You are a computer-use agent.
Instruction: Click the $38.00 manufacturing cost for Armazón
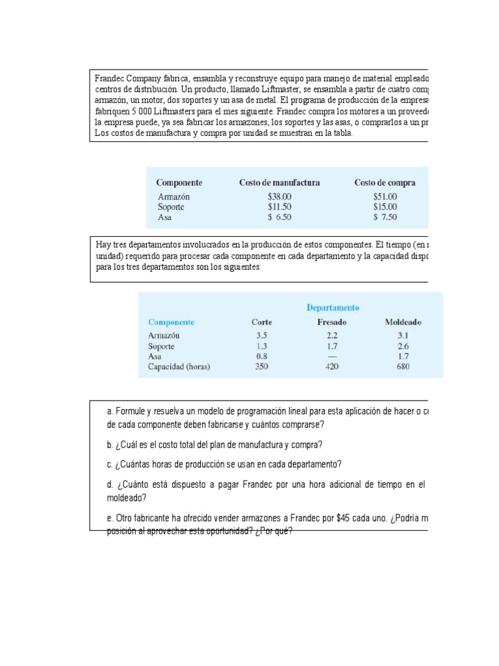coord(279,196)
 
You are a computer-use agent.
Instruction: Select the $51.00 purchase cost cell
coord(385,196)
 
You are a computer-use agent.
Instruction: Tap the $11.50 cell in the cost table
coord(279,207)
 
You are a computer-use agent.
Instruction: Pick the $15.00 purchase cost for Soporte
coord(385,207)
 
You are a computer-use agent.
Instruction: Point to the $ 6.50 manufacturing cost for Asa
coord(279,217)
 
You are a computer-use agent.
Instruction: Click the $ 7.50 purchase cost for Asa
coord(385,217)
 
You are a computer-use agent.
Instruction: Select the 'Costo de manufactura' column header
coord(279,183)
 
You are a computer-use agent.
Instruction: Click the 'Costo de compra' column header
coord(385,183)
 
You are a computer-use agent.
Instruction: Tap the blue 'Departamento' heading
coord(333,308)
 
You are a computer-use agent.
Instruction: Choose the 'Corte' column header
coord(262,322)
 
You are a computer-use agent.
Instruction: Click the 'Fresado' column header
coord(332,322)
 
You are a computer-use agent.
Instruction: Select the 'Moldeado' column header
coord(403,322)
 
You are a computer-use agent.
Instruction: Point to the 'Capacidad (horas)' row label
coord(179,366)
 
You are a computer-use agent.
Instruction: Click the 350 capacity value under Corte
coord(262,366)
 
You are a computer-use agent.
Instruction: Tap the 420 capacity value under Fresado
coord(332,366)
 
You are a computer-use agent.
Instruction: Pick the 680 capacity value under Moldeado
coord(403,366)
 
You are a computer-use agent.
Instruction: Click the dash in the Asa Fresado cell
coord(332,356)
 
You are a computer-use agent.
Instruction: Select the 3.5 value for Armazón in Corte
coord(262,336)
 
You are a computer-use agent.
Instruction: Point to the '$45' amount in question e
coord(344,518)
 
